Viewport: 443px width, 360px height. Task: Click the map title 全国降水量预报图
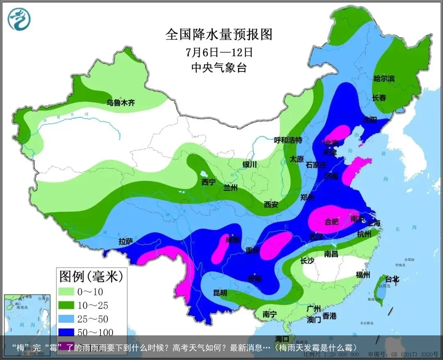[x=219, y=34]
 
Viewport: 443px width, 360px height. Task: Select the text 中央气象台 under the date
[x=219, y=67]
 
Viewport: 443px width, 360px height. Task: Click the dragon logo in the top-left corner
[x=19, y=19]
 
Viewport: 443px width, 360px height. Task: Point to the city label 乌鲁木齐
[x=121, y=103]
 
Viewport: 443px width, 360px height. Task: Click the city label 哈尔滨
[x=384, y=78]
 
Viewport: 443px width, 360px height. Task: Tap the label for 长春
[x=379, y=98]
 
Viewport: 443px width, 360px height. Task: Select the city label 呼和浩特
[x=288, y=140]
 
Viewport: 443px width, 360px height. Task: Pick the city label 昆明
[x=220, y=293]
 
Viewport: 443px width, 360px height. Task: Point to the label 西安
[x=271, y=204]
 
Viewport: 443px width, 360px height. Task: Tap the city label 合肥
[x=332, y=222]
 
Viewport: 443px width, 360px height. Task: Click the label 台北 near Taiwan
[x=390, y=279]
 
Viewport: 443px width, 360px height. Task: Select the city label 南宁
[x=269, y=314]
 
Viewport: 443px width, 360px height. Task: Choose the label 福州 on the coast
[x=363, y=275]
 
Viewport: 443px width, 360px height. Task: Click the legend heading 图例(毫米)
[x=91, y=276]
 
